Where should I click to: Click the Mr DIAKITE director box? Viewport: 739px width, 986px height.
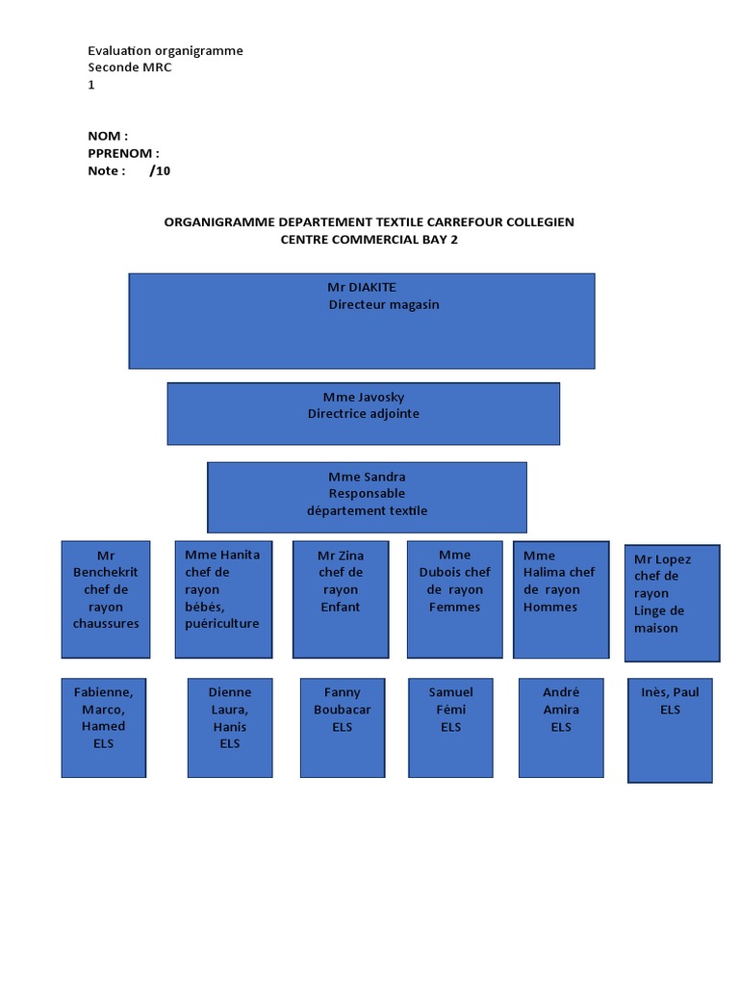click(x=362, y=321)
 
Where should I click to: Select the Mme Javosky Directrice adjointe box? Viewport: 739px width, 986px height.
click(x=363, y=414)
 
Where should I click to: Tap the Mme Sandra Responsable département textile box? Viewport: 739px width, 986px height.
click(x=367, y=497)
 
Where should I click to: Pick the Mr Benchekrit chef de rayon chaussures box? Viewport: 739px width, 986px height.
click(x=106, y=599)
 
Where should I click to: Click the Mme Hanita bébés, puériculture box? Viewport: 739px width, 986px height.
click(x=223, y=599)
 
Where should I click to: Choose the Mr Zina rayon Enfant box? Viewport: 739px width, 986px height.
click(x=341, y=599)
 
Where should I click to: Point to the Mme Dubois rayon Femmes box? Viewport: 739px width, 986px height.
click(x=455, y=599)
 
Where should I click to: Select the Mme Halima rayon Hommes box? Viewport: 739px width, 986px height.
click(x=560, y=599)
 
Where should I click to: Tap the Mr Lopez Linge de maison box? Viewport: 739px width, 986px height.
click(x=672, y=603)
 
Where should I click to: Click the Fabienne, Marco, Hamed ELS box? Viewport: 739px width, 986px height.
click(x=104, y=727)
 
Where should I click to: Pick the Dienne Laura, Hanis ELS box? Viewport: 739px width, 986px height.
click(x=230, y=727)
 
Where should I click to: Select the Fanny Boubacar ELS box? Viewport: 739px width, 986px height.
click(x=343, y=727)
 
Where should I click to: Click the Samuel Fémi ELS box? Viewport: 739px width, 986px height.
click(x=451, y=727)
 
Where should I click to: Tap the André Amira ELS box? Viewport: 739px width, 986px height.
click(x=561, y=727)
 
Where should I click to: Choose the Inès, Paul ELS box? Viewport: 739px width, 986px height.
click(x=670, y=730)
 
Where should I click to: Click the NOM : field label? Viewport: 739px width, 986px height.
click(x=108, y=137)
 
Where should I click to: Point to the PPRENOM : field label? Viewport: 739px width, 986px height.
click(x=123, y=154)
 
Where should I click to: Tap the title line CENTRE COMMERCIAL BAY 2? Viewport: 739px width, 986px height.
click(x=369, y=240)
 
